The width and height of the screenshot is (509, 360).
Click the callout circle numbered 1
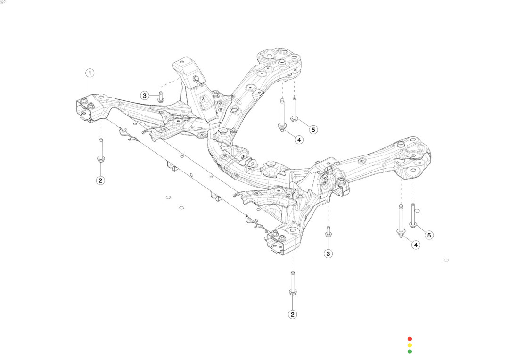[90, 73]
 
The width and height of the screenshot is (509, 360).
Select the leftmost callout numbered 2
[100, 180]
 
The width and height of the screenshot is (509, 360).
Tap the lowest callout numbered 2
[293, 314]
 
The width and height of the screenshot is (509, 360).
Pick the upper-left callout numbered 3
[145, 96]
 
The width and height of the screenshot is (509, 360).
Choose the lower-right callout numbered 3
[328, 254]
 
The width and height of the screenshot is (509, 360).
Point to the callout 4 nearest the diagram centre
[299, 139]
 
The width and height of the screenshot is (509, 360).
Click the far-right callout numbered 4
[416, 245]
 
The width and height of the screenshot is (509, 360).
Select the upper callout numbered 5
[313, 129]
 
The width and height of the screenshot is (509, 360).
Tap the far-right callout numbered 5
[428, 235]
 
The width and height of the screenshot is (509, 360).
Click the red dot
[410, 339]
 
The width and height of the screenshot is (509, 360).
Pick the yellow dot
[410, 345]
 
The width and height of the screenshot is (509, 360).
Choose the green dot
[410, 351]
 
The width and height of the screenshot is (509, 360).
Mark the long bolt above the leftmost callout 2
[100, 151]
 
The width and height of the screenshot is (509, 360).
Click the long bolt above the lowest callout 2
[293, 284]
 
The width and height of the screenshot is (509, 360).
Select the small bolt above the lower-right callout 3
[328, 232]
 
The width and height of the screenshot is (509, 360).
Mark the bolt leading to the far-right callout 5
[413, 215]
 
